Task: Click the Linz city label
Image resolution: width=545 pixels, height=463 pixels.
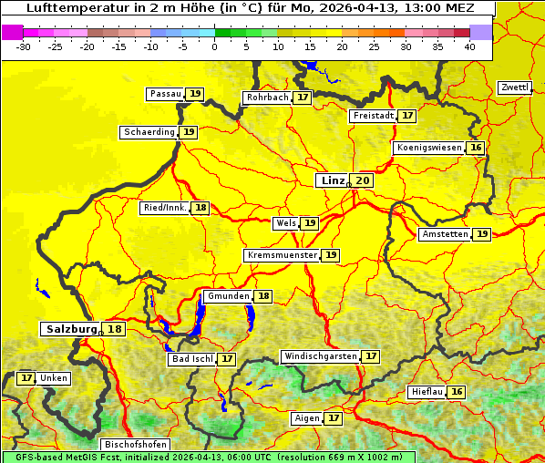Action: click(x=332, y=180)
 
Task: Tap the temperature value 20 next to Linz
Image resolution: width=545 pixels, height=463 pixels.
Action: click(x=363, y=180)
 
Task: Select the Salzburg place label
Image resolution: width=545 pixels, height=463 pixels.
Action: click(x=71, y=329)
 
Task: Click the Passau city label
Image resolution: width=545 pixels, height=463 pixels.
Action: click(x=165, y=94)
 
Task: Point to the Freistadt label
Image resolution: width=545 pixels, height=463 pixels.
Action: click(x=374, y=116)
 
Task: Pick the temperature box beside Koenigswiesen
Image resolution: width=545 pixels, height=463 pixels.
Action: click(x=476, y=148)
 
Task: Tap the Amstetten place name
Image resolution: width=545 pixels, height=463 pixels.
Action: click(x=445, y=234)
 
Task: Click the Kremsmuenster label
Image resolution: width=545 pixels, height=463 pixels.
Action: click(x=282, y=255)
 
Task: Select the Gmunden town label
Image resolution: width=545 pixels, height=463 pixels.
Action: click(x=227, y=296)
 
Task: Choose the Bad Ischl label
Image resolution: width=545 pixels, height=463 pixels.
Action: click(x=191, y=359)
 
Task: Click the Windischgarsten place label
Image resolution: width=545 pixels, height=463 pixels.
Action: click(x=320, y=356)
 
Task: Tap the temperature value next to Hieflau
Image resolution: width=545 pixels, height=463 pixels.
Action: click(x=457, y=392)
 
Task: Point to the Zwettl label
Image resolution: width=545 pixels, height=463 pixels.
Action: click(x=514, y=87)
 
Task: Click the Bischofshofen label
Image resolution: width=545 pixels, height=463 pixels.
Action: click(x=134, y=444)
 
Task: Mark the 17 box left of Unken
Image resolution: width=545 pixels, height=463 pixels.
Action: click(x=26, y=377)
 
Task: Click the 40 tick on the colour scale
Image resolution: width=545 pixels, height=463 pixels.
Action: click(x=469, y=46)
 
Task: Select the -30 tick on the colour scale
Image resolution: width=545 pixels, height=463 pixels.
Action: click(x=23, y=46)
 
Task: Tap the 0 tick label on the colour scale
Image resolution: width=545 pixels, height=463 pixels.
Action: click(x=214, y=46)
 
